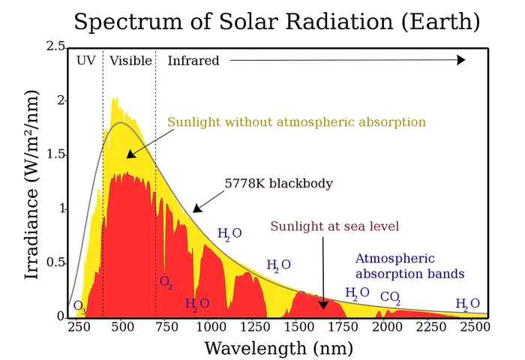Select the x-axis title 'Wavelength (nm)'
278,348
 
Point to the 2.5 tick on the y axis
56,46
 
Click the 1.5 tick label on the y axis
56,154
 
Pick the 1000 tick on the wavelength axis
211,326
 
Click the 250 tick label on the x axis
80,326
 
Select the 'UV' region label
86,61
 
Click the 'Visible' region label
130,61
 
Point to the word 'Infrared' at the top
193,61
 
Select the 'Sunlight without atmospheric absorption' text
296,121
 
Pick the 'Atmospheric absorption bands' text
409,265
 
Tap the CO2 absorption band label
390,298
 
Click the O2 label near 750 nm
166,282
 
